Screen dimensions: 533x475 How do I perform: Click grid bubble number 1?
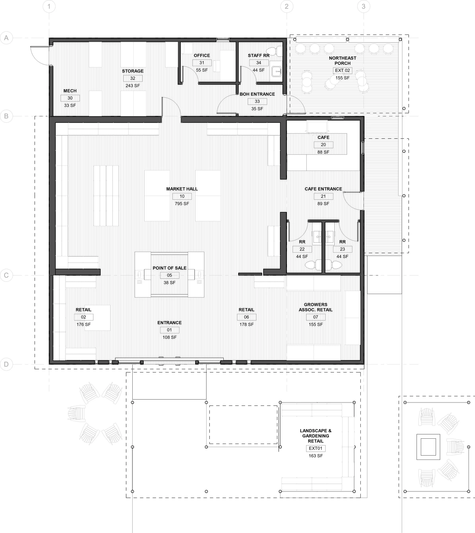pos(49,6)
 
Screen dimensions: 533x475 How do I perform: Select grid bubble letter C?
pos(6,275)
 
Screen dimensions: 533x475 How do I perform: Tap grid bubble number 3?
pos(363,6)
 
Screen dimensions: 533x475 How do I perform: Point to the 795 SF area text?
pos(182,204)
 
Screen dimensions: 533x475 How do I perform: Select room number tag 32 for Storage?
pos(133,78)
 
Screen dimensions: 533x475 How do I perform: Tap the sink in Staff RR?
pos(277,71)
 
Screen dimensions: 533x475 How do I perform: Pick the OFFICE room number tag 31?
pos(202,63)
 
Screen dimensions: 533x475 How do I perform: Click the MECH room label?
pos(70,91)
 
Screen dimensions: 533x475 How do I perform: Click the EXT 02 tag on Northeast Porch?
pos(342,70)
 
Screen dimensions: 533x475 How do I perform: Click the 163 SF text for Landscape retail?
pos(316,456)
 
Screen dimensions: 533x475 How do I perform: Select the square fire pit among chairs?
pos(428,447)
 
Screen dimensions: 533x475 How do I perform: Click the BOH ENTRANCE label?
pos(257,94)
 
